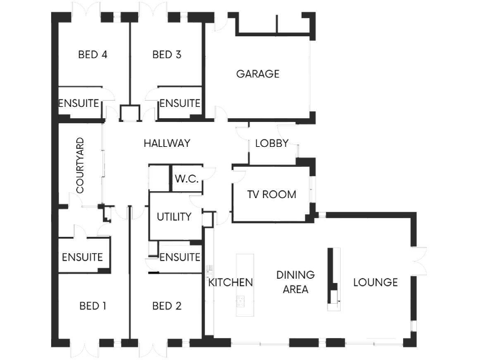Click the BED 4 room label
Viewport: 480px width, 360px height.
(92, 54)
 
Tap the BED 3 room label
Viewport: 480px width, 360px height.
(167, 54)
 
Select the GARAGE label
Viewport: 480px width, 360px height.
(257, 74)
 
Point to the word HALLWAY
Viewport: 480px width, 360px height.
(167, 143)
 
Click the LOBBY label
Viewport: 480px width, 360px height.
(272, 143)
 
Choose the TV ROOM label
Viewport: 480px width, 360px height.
(271, 194)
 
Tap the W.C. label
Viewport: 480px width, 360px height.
(186, 179)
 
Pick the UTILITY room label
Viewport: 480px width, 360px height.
(174, 217)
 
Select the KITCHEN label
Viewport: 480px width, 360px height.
(231, 282)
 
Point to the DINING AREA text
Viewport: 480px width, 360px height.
(296, 282)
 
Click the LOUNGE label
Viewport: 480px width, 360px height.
(376, 282)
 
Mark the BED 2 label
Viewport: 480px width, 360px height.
(167, 306)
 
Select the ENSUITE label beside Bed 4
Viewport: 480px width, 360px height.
(79, 103)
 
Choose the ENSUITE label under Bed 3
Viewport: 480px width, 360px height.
(179, 103)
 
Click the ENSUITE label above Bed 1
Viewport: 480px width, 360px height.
(82, 257)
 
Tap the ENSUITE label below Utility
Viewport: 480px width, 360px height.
(179, 257)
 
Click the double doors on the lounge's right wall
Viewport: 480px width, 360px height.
(418, 261)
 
